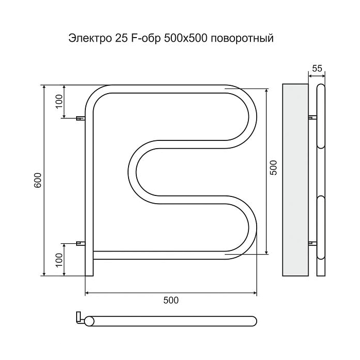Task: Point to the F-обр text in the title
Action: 148,39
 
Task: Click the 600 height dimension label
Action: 37,181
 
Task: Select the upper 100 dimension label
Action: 59,102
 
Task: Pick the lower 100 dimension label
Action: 59,259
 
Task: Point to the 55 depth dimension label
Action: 317,68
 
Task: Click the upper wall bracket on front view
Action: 80,119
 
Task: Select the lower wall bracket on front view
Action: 80,243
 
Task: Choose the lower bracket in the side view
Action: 312,242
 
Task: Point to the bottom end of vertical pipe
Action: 89,273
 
